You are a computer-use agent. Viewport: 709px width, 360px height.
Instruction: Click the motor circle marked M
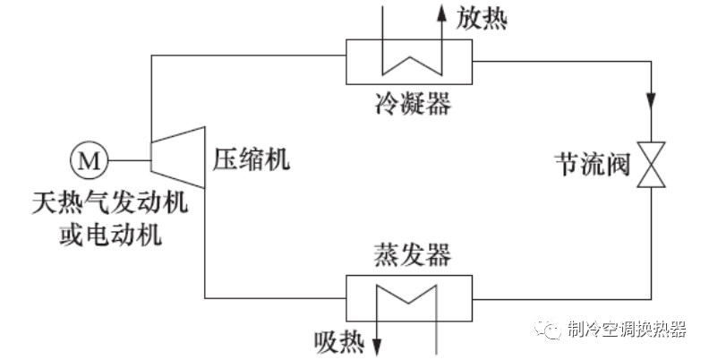(88, 160)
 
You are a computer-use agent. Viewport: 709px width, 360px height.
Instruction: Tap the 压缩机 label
(252, 160)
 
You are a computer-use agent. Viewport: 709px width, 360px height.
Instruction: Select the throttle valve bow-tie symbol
(649, 164)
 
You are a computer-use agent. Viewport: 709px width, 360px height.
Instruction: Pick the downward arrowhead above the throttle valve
(649, 96)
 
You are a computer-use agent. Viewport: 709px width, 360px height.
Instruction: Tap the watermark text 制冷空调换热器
(626, 329)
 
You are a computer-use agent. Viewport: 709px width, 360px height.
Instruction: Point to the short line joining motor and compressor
(127, 160)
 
